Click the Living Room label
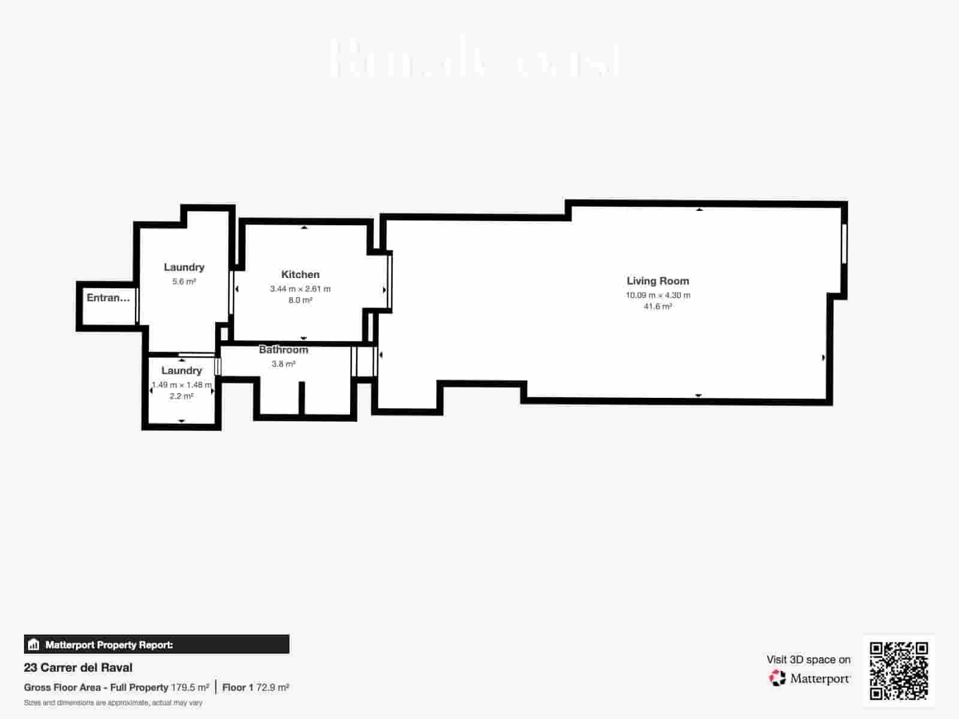658,281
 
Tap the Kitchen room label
300,274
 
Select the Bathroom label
284,350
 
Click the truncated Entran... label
108,298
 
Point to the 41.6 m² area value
658,307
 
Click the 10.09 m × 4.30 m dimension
658,295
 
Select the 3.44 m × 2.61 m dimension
300,289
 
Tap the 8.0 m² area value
300,300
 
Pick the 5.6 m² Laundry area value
184,282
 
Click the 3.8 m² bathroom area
284,364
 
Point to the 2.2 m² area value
181,396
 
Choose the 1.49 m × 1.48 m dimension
181,385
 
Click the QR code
898,670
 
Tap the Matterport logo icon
777,678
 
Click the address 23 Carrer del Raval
78,667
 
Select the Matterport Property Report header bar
156,645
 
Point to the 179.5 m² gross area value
190,687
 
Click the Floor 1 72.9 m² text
255,687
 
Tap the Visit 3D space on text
808,660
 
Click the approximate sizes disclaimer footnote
113,703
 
